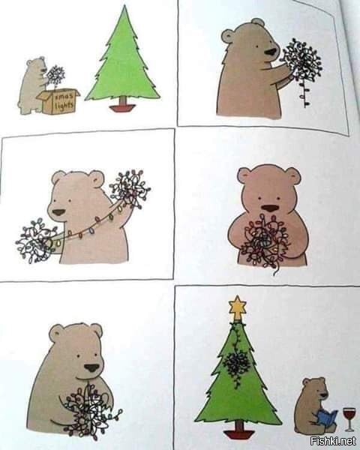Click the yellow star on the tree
pos(238,306)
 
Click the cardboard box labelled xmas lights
pos(59,101)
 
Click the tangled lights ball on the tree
pos(238,364)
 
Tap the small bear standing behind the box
pos(33,84)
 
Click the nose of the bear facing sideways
pos(270,52)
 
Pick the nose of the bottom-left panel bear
pos(91,367)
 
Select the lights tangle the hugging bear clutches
pos(265,240)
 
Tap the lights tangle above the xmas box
pos(55,75)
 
